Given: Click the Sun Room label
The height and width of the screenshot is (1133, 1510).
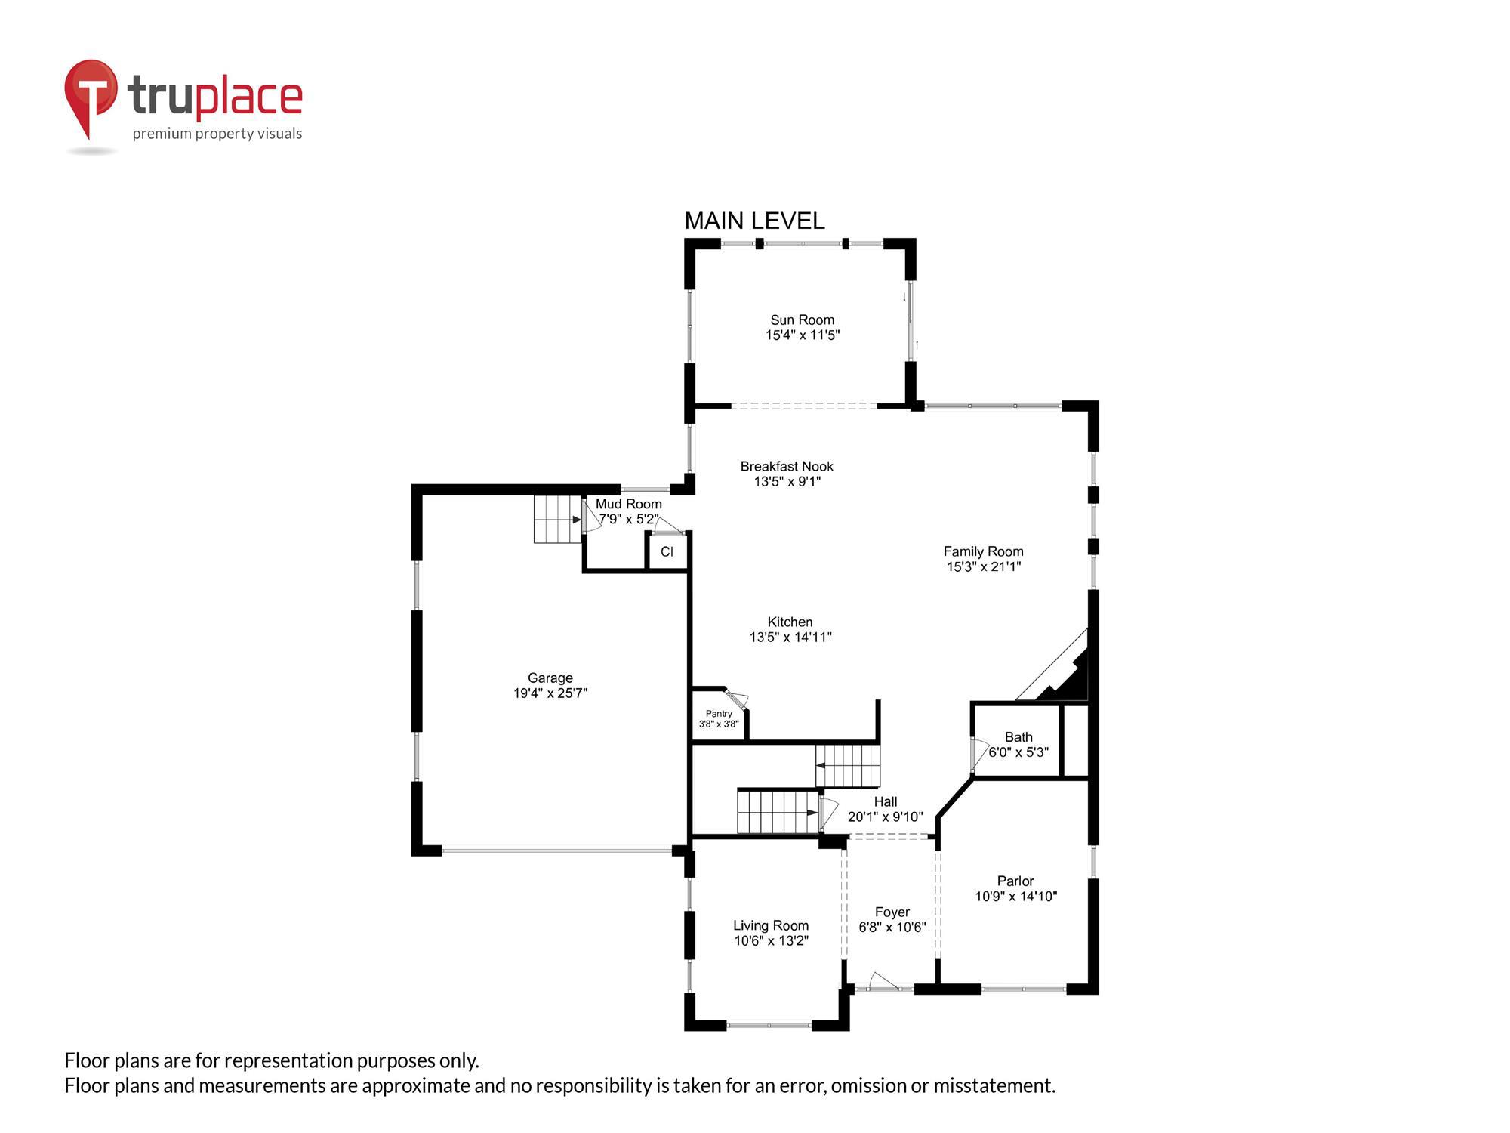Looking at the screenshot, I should point(802,320).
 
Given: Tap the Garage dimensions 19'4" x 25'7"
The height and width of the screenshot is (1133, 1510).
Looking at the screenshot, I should point(550,693).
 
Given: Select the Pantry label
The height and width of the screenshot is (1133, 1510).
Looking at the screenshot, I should point(718,713).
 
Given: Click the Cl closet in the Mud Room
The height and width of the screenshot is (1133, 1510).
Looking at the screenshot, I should point(667,552).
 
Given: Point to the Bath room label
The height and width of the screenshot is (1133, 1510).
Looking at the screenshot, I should point(1018,736).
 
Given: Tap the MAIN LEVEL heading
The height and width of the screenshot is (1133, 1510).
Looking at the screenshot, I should point(753,221).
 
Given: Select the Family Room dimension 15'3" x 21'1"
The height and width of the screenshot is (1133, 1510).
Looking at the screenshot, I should point(983,566).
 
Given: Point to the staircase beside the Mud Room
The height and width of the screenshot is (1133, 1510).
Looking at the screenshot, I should point(557,520).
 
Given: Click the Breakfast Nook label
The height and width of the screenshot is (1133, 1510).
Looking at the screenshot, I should point(786,466).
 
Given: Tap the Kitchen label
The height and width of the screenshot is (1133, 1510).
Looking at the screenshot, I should point(790,622).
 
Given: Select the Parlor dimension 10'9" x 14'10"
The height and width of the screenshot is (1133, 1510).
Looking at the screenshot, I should point(1015,897).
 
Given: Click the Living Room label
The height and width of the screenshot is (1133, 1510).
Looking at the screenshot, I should point(770,925).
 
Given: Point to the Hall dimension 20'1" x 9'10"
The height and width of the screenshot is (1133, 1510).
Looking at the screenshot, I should point(885,817).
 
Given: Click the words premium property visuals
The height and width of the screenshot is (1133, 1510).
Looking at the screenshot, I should point(217,134).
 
